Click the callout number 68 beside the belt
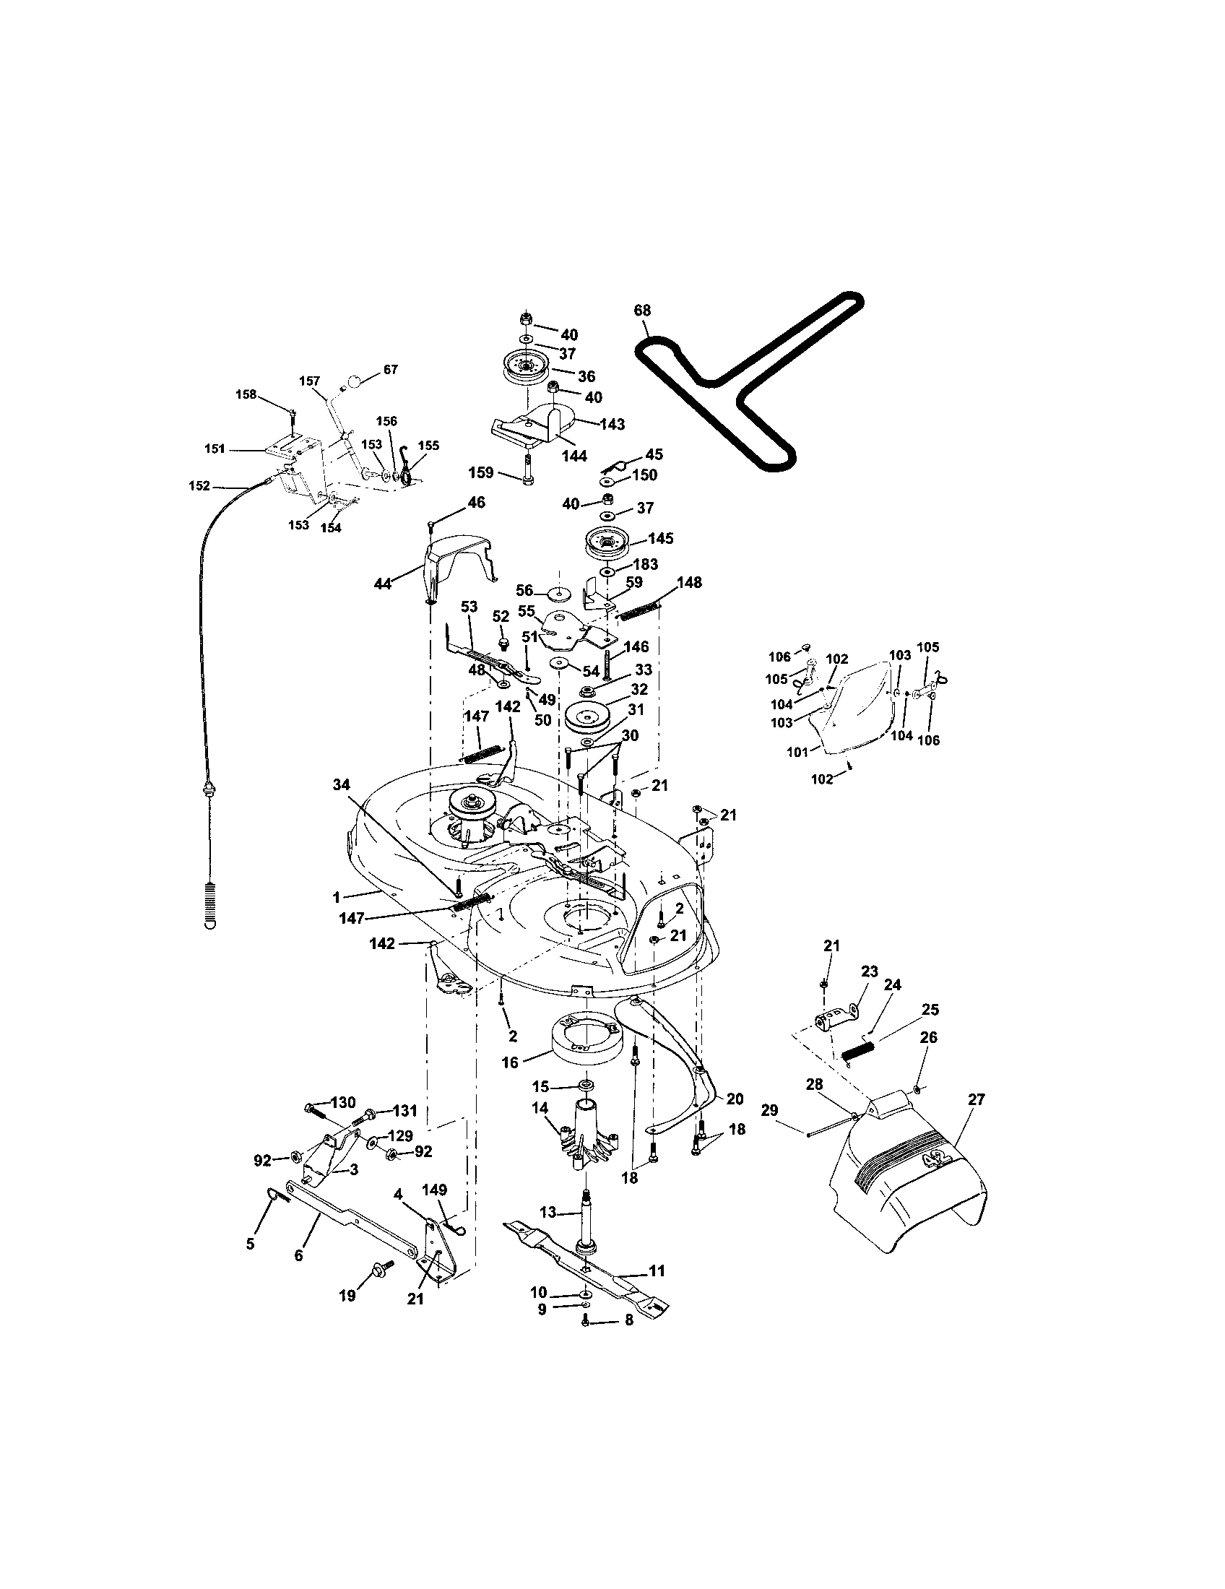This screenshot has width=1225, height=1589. (x=641, y=311)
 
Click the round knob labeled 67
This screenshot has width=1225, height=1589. (x=352, y=381)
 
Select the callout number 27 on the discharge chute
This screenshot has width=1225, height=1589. (x=976, y=1099)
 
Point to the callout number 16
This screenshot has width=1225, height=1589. (x=509, y=1062)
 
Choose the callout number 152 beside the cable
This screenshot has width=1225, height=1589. (x=199, y=485)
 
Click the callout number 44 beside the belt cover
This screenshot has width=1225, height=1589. (x=383, y=583)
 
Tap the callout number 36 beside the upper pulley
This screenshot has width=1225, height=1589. (x=586, y=376)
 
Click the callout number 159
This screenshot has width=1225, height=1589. (x=481, y=473)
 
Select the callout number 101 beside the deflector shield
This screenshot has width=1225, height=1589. (x=797, y=753)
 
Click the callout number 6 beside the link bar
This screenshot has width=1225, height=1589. (x=298, y=1255)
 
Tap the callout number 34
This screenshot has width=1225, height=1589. (x=341, y=784)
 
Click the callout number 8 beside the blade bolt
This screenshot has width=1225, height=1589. (x=628, y=1318)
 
